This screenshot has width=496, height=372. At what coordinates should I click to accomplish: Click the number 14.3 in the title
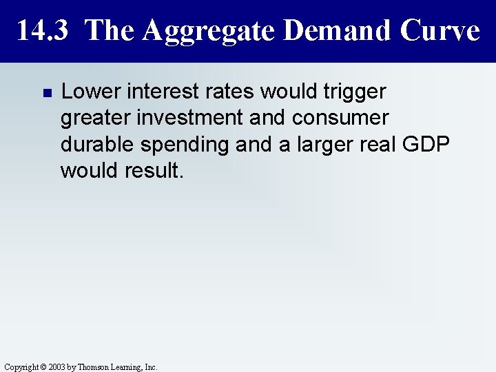(x=43, y=31)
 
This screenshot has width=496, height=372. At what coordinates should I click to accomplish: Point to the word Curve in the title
(x=438, y=31)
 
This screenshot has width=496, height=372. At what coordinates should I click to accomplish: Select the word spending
(x=180, y=145)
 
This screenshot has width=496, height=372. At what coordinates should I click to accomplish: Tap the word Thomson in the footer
(x=93, y=367)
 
